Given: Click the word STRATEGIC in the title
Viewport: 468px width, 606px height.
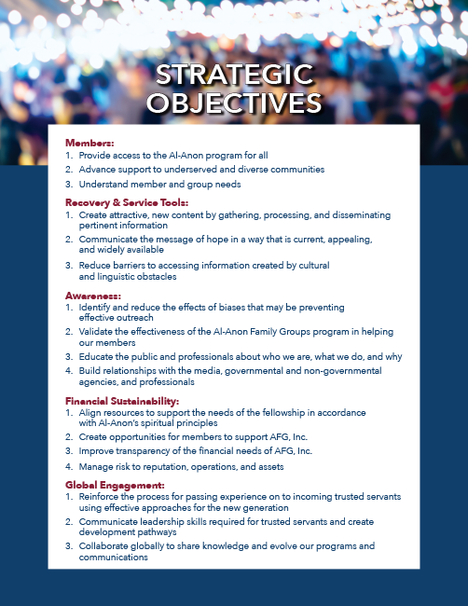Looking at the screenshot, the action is click(233, 75).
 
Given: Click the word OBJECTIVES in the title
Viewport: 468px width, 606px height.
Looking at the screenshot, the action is click(233, 101).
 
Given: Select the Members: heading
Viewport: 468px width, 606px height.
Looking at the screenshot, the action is click(89, 143).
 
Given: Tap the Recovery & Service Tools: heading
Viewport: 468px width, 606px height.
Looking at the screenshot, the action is click(127, 201).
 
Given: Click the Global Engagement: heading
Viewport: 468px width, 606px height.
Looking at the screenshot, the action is click(115, 485).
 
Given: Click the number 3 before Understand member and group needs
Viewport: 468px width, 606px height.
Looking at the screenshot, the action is click(68, 184).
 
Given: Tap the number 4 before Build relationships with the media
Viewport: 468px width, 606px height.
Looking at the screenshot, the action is click(68, 371).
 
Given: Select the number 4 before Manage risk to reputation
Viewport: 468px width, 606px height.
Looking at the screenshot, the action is click(68, 466).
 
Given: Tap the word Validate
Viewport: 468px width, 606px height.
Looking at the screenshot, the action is click(98, 332).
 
